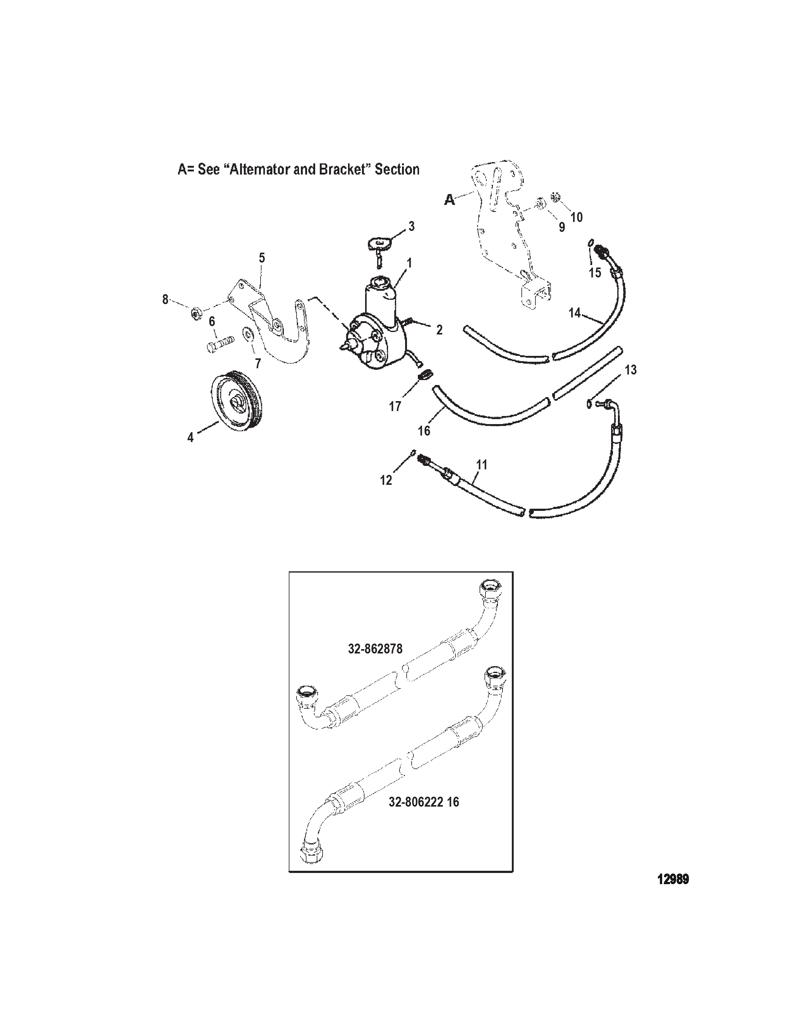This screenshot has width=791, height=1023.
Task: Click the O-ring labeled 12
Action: coord(413,452)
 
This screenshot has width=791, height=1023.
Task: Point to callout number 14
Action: coord(574,312)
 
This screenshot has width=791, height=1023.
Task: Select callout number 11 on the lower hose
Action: coord(482,465)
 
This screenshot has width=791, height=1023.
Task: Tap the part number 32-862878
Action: coord(375,649)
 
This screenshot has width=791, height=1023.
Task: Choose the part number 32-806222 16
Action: coord(424,802)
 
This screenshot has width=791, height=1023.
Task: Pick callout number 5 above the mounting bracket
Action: coord(262,258)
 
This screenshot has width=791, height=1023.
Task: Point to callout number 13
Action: coord(631,370)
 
